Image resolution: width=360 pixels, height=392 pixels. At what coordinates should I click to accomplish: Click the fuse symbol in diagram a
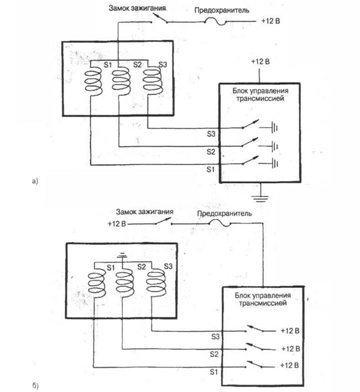coord(215,22)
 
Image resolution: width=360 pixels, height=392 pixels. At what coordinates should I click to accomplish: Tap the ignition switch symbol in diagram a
coord(160,19)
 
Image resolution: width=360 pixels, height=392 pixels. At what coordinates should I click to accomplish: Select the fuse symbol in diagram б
coord(220,223)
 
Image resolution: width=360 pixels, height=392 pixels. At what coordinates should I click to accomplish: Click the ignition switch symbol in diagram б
coord(164,221)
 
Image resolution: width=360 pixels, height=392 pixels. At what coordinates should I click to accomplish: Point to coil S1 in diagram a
coord(93,82)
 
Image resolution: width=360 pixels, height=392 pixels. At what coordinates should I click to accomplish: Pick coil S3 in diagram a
coord(153,82)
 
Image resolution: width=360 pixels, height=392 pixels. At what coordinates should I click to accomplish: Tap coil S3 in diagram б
coord(156,283)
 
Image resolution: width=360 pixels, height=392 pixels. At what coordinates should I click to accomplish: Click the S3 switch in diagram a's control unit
coord(250,124)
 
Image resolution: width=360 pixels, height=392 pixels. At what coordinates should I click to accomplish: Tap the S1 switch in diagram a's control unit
coord(250,160)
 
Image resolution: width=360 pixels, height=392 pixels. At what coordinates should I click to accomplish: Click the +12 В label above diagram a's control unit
coord(260,61)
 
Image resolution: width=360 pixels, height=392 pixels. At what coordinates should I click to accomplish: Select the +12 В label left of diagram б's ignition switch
coord(117,223)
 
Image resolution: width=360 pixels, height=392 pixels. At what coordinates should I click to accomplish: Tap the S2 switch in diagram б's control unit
coord(254,347)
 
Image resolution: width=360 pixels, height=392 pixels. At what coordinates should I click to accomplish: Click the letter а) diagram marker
coord(35,181)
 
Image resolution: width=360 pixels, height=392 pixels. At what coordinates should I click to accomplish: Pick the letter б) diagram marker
coord(35,386)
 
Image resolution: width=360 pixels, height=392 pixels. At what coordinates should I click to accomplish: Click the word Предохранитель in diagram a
coord(222,10)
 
